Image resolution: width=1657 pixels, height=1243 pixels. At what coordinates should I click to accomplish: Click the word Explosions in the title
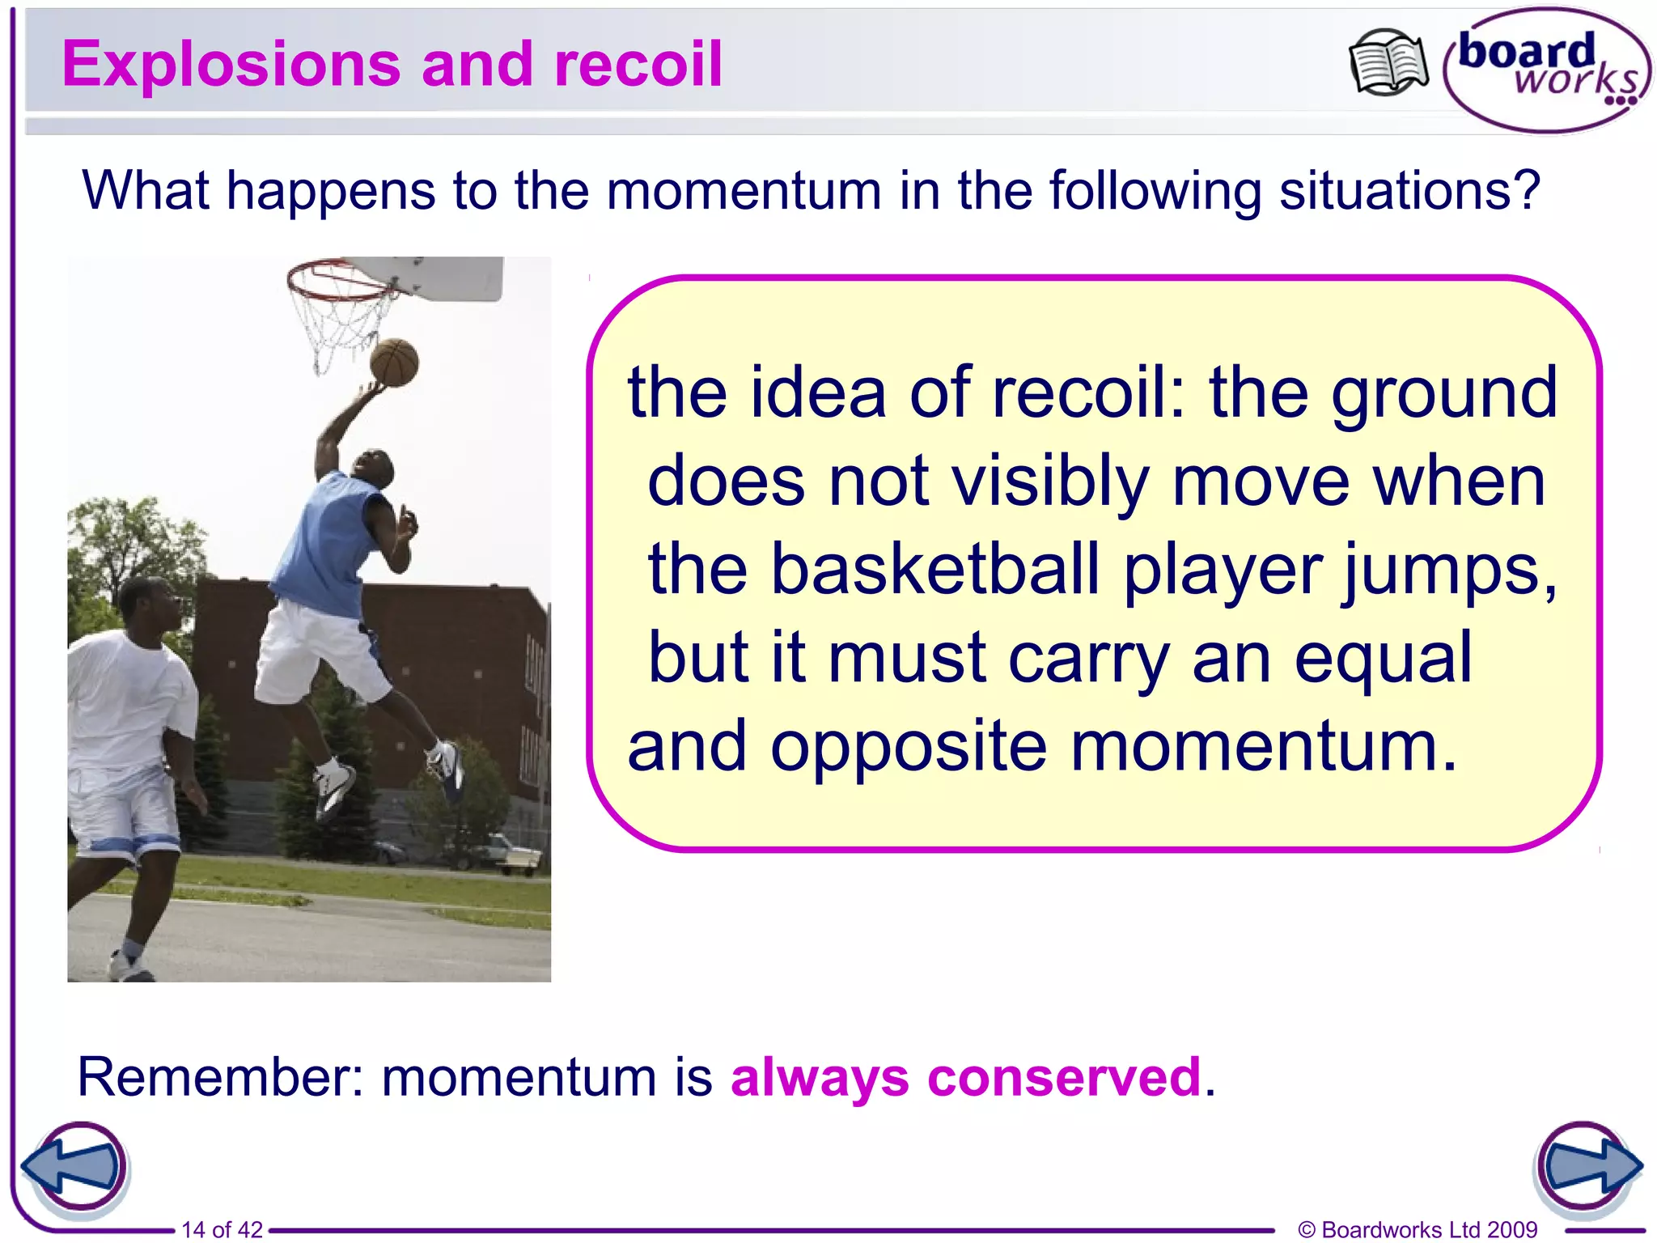[x=231, y=65]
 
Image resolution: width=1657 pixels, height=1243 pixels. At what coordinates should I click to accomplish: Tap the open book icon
[x=1388, y=63]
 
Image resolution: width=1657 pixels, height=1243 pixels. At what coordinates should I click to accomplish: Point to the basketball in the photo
[x=394, y=362]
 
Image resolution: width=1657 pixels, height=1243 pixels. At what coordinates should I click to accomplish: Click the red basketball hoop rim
[x=340, y=283]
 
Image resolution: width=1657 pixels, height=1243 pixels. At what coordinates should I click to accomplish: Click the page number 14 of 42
[x=222, y=1230]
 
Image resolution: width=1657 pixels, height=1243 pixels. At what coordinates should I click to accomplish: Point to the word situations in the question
[x=1409, y=191]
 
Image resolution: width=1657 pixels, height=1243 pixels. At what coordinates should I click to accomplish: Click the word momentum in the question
[x=744, y=191]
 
